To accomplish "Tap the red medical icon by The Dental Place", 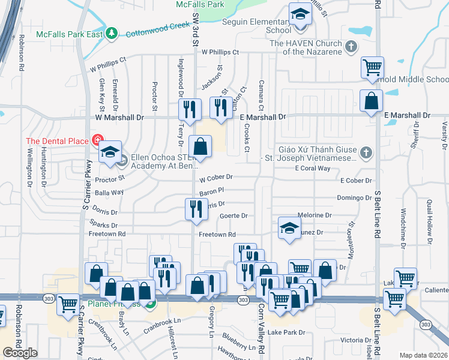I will click(x=97, y=140).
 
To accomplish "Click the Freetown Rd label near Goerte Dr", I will click(x=217, y=235).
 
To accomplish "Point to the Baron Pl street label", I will click(x=211, y=190).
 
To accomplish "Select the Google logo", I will click(x=20, y=353).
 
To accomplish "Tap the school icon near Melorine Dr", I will click(x=289, y=228).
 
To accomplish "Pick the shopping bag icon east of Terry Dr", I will click(x=200, y=146).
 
